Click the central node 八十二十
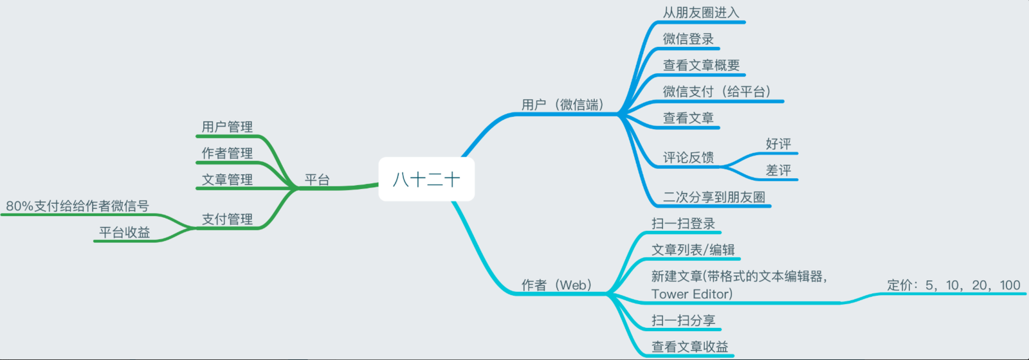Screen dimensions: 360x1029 (426, 179)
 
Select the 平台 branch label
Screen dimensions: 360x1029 (317, 179)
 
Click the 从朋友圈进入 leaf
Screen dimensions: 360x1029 (701, 12)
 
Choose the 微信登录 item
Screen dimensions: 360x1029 (688, 39)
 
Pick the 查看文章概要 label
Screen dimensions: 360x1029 (701, 65)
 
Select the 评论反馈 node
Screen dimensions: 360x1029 (688, 157)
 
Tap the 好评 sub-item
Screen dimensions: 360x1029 (778, 144)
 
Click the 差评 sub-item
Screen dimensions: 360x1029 (778, 170)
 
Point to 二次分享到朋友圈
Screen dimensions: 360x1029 (714, 197)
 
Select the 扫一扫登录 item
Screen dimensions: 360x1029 (683, 223)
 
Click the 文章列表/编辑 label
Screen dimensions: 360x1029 (693, 249)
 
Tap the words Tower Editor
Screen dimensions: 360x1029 (691, 294)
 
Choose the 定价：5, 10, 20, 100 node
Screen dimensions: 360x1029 (954, 285)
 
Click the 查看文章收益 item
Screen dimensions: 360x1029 (689, 346)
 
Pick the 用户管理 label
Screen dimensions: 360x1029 (227, 127)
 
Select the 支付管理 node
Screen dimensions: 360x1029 (227, 219)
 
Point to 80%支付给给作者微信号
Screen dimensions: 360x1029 (77, 206)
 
